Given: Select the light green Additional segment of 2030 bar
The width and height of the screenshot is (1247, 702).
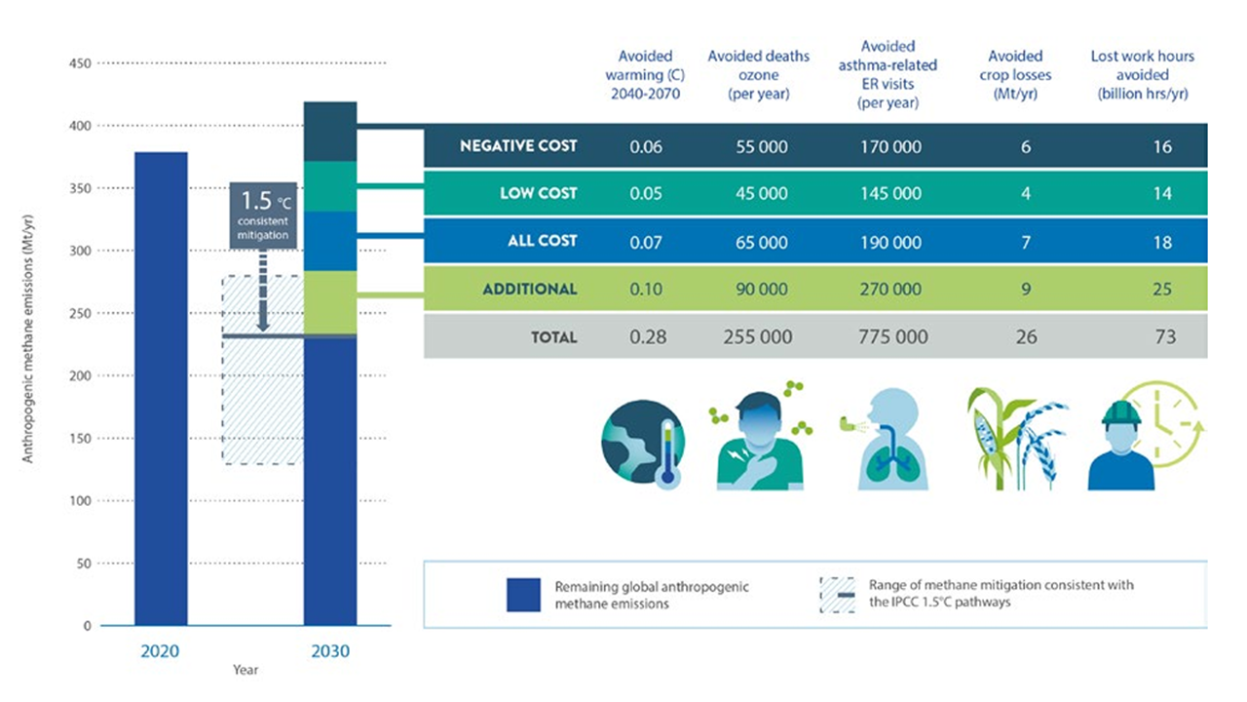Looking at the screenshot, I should [x=329, y=302].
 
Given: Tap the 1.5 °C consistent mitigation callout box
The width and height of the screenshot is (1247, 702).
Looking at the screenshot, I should [x=263, y=214].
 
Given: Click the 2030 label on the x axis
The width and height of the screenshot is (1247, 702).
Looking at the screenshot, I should [x=330, y=651].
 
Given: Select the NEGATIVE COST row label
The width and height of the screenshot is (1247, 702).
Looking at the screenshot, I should [x=518, y=146].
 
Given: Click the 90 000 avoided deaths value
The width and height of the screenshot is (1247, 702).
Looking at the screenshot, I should [x=760, y=289].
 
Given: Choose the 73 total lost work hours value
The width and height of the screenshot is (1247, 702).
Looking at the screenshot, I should [x=1165, y=337].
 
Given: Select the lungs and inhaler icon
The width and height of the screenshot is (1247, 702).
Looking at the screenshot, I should [x=884, y=444].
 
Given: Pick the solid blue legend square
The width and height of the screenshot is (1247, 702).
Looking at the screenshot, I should [x=523, y=595].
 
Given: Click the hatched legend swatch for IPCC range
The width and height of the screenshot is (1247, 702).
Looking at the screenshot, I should [x=837, y=594].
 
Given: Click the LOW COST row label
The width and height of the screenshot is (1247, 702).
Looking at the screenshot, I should [x=538, y=193].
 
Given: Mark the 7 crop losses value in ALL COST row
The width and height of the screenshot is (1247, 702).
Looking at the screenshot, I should [x=1025, y=241].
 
